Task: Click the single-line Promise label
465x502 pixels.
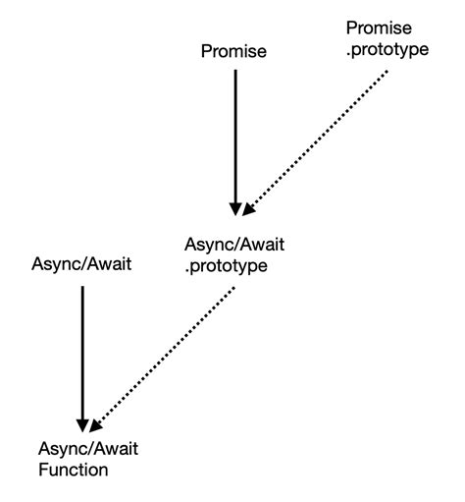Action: pyautogui.click(x=233, y=51)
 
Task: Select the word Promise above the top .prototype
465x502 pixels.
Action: pyautogui.click(x=379, y=28)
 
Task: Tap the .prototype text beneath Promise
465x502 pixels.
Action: pyautogui.click(x=387, y=50)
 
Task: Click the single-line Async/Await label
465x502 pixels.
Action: pyautogui.click(x=81, y=263)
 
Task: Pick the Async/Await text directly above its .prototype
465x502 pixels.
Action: pyautogui.click(x=234, y=245)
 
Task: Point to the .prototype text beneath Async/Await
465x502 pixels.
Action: pyautogui.click(x=226, y=266)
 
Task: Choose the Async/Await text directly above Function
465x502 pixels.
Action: pyautogui.click(x=88, y=448)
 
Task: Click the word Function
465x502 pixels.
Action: pyautogui.click(x=74, y=470)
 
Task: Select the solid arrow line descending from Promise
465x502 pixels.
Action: pyautogui.click(x=235, y=142)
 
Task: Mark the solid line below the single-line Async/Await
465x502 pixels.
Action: pyautogui.click(x=82, y=360)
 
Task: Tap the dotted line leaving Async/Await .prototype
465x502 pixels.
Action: pyautogui.click(x=162, y=360)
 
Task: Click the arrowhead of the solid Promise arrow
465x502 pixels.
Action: pyautogui.click(x=235, y=209)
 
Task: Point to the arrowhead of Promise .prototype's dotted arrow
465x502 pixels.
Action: pyautogui.click(x=248, y=209)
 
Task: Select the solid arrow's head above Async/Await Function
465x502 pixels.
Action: pyautogui.click(x=82, y=425)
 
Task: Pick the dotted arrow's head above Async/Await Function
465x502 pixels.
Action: pyautogui.click(x=95, y=426)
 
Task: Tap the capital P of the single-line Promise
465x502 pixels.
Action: pyautogui.click(x=207, y=51)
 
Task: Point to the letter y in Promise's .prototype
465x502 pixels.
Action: pyautogui.click(x=411, y=51)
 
